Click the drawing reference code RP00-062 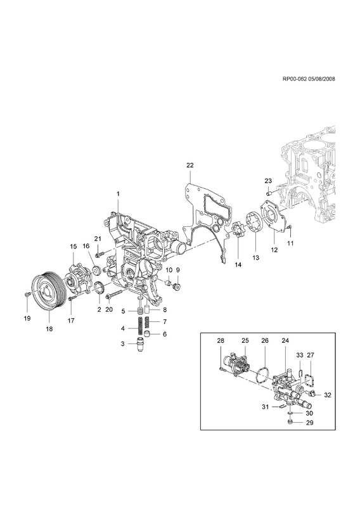[295, 79]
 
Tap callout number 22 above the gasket [190, 165]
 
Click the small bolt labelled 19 [27, 293]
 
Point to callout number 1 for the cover [118, 194]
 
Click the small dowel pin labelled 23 [269, 193]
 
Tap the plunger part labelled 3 [140, 345]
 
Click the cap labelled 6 [147, 334]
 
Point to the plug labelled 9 [177, 287]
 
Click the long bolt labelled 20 [114, 294]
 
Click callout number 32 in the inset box [327, 395]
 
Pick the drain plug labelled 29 [290, 421]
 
